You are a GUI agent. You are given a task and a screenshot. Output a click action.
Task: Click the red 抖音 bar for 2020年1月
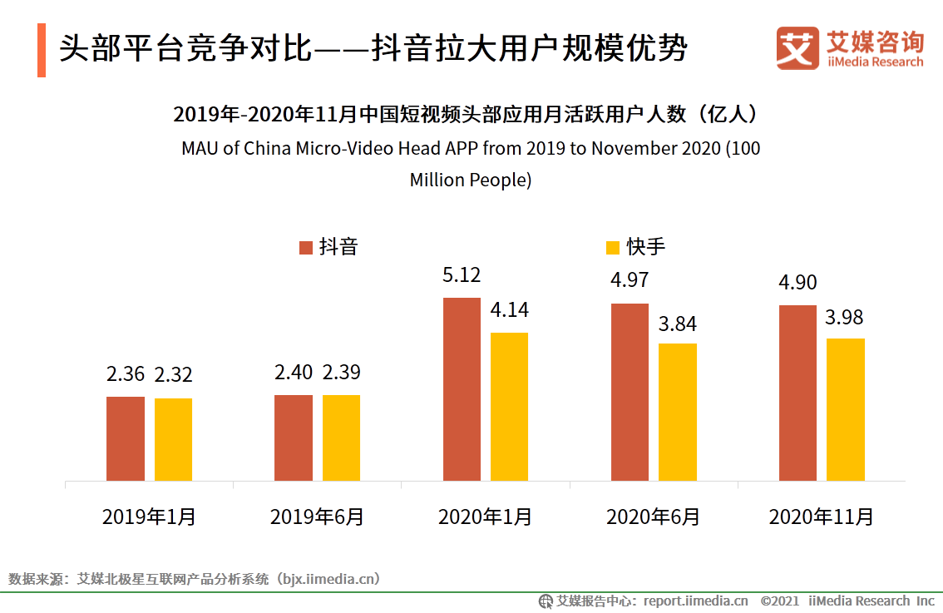(462, 388)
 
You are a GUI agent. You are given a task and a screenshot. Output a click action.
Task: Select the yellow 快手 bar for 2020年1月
(509, 406)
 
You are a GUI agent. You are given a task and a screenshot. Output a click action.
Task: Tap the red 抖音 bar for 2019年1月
(126, 438)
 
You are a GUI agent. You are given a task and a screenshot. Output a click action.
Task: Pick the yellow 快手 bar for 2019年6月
(341, 438)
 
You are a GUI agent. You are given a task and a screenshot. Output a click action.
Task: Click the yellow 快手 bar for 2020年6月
(678, 412)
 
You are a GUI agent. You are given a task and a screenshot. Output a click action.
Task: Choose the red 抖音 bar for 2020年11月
(797, 393)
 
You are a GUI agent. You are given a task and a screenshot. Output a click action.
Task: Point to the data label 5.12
(462, 275)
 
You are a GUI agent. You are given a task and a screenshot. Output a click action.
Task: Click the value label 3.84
(678, 324)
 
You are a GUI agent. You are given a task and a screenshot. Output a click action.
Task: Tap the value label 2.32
(173, 375)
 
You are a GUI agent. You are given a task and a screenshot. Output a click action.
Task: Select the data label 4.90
(797, 283)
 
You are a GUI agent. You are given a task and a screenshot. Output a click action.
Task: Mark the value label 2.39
(341, 372)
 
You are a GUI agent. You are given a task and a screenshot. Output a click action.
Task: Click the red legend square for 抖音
(305, 247)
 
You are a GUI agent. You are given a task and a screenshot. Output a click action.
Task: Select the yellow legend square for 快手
(613, 247)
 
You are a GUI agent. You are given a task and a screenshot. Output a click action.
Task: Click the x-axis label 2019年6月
(317, 517)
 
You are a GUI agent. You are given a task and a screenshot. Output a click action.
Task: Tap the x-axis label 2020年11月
(821, 517)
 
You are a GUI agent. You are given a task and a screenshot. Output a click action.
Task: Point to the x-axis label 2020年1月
(485, 517)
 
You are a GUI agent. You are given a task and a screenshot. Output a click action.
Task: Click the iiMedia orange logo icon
(797, 49)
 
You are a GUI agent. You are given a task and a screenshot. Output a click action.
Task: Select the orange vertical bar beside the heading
(42, 50)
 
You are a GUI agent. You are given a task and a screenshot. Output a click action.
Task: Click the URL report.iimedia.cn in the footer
(695, 601)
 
